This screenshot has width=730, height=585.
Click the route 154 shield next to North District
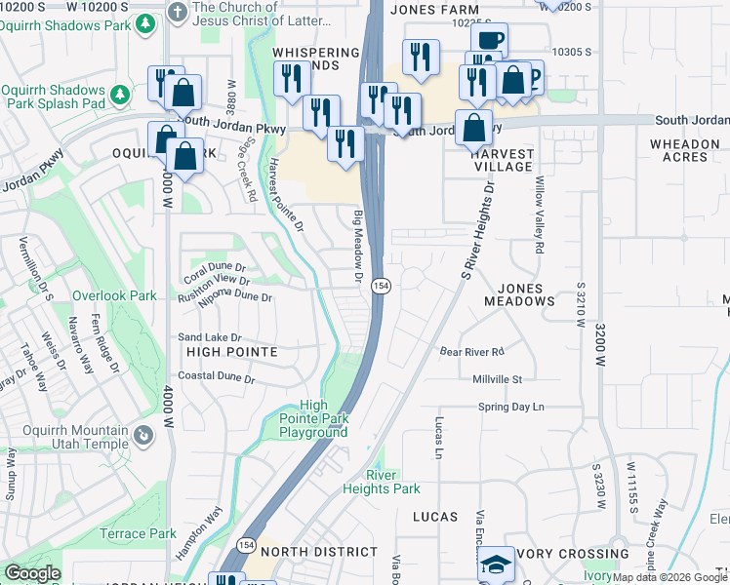tap(247, 543)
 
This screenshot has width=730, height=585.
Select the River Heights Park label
tap(382, 482)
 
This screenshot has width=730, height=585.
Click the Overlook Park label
tap(114, 295)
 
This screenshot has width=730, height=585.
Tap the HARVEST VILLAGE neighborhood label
tap(502, 160)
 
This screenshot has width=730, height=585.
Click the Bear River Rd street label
tap(470, 351)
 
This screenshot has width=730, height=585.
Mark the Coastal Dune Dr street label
tap(216, 377)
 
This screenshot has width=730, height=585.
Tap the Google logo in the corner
tap(32, 573)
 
